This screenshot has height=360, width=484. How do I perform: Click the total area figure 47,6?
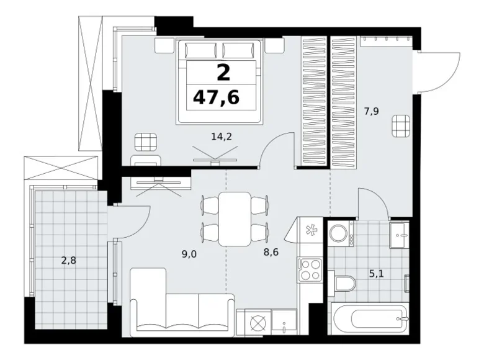[x=216, y=97]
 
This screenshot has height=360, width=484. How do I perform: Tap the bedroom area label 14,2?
[x=222, y=137]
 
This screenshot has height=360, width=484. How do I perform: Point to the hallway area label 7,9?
[x=371, y=111]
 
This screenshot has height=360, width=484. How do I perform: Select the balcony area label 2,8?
[x=68, y=261]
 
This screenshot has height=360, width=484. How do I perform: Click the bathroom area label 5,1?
[x=376, y=274]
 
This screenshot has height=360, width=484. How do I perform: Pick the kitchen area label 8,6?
[x=271, y=252]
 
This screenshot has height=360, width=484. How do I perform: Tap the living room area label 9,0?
[x=189, y=254]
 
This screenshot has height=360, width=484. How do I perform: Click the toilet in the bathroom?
[x=342, y=283]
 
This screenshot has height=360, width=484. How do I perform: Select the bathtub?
[x=370, y=318]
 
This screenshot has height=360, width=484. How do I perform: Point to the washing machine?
[x=341, y=234]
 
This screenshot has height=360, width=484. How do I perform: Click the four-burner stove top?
[x=310, y=270]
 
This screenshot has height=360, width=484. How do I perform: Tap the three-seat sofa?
[x=182, y=302]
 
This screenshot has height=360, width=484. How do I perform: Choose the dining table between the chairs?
[x=235, y=219]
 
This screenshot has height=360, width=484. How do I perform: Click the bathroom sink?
[x=400, y=235]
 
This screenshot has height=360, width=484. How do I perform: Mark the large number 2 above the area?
[x=223, y=73]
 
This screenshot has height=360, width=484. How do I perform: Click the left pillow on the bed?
[x=200, y=50]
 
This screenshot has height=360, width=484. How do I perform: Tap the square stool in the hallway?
[x=401, y=125]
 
